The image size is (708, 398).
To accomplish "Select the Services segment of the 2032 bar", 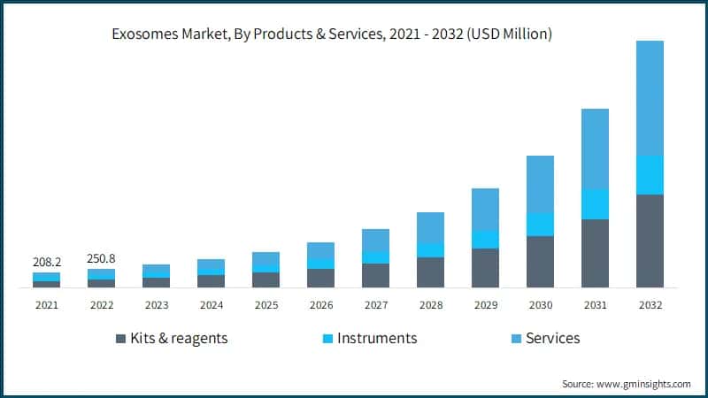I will [x=650, y=97].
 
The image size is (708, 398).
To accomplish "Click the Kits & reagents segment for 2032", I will [x=650, y=241].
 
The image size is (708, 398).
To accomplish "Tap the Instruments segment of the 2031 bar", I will [x=595, y=204].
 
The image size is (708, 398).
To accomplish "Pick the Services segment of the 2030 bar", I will [x=540, y=184].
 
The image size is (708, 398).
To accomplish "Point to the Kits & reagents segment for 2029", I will [x=485, y=268].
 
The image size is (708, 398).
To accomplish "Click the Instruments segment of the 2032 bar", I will [x=650, y=175].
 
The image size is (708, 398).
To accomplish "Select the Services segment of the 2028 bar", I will [x=430, y=227].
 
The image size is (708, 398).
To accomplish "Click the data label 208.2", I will [x=46, y=263].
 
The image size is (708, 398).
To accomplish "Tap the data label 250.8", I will [x=101, y=258].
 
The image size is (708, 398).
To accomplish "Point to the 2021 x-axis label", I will [x=46, y=304].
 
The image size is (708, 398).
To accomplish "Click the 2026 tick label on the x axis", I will [x=320, y=304].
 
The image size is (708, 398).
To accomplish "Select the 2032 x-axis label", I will [x=650, y=304].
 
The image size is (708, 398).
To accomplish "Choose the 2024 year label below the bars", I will [x=211, y=304].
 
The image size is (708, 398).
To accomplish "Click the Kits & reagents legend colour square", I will [x=120, y=339].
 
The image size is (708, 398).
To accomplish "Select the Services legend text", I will [x=552, y=338].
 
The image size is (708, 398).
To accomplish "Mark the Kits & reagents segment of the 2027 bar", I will [x=375, y=275].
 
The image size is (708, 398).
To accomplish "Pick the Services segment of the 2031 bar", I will [x=595, y=149].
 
